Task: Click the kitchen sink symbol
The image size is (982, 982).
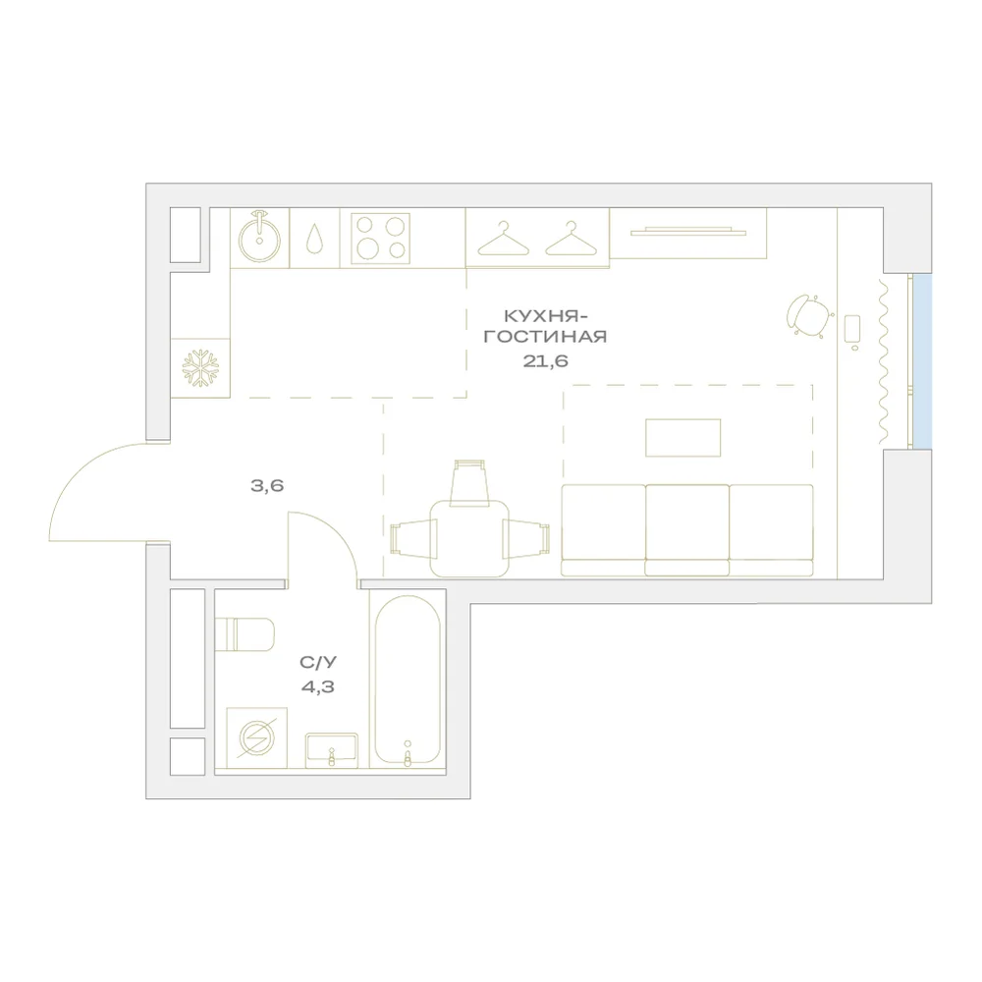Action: point(259,238)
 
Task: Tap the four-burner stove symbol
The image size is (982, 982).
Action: point(380,238)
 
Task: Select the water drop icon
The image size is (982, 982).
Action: point(314,239)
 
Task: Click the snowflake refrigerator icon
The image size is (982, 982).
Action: point(200,367)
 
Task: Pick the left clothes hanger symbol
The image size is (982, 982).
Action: point(503,239)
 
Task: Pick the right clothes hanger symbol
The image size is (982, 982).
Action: point(571,239)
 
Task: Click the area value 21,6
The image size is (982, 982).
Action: point(545,360)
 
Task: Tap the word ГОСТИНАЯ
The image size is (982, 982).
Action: point(545,336)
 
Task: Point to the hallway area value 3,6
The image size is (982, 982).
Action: point(267,485)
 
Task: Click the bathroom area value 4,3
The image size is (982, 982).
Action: point(317,687)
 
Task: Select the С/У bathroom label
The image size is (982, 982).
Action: point(318,662)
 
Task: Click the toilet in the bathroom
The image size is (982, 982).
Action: point(245,634)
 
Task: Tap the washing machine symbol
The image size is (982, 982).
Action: point(256,737)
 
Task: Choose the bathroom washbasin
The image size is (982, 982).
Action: point(331,750)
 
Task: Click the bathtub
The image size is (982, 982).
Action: point(408,681)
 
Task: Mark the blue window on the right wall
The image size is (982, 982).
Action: point(922,361)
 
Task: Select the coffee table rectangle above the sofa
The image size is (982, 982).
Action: point(683,438)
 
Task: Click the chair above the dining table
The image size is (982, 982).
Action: point(469,482)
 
